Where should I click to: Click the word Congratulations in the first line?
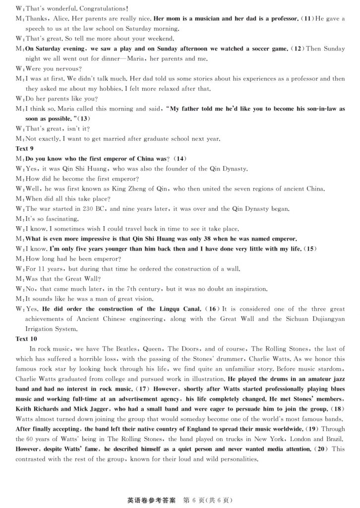102,8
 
